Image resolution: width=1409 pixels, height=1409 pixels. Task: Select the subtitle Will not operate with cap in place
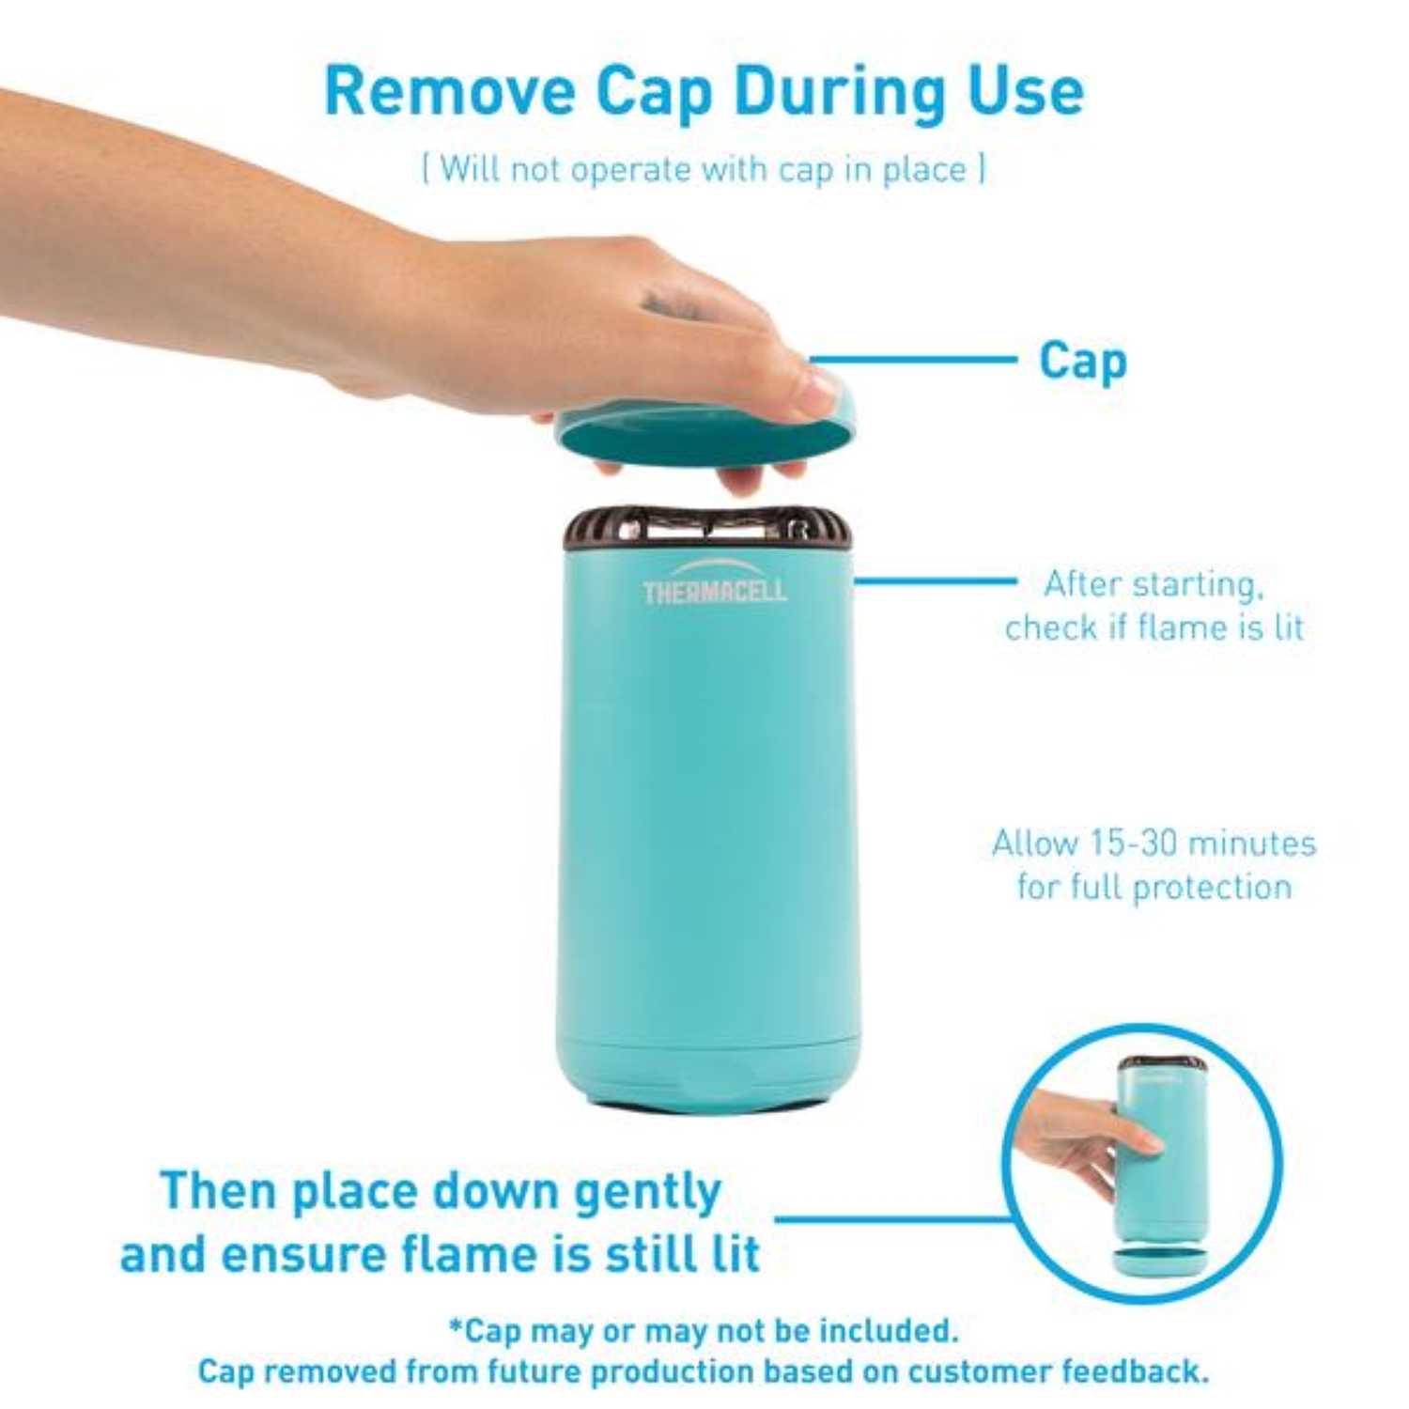point(704,170)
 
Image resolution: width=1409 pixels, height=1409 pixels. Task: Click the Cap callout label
point(1082,361)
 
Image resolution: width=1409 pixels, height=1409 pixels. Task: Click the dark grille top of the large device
point(707,531)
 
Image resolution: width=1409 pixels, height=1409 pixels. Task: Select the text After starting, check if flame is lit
point(1154,606)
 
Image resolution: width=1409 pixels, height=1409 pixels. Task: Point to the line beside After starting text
point(935,580)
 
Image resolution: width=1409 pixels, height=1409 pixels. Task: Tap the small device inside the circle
point(1160,1155)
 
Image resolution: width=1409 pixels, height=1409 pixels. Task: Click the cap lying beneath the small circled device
point(1159,1261)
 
